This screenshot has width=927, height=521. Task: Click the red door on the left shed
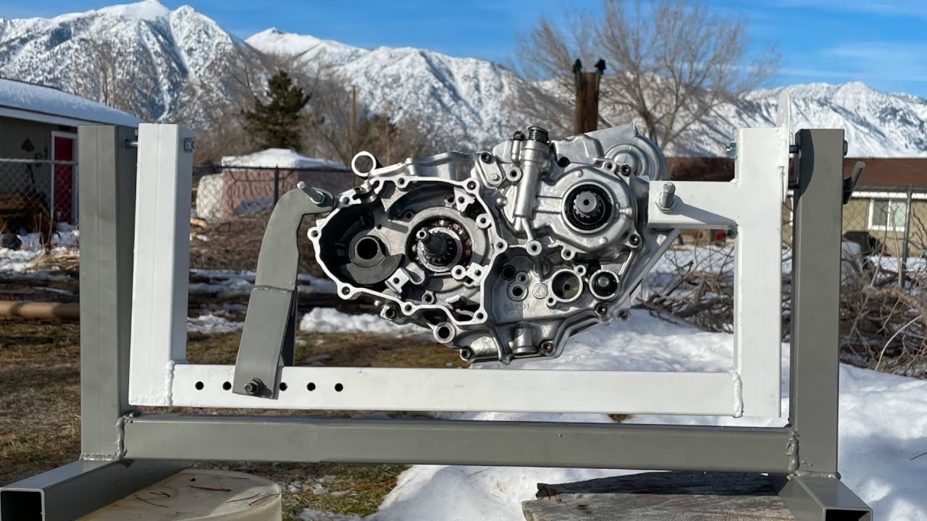pos(64,177)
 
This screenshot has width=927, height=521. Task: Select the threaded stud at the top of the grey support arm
pos(313,193)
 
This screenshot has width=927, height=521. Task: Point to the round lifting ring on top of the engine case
pos(364,164)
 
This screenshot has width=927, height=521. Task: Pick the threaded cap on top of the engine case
pos(537,135)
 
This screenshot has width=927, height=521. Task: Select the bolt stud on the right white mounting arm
pos(666,195)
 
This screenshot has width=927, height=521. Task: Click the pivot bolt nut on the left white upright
pos(188,145)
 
